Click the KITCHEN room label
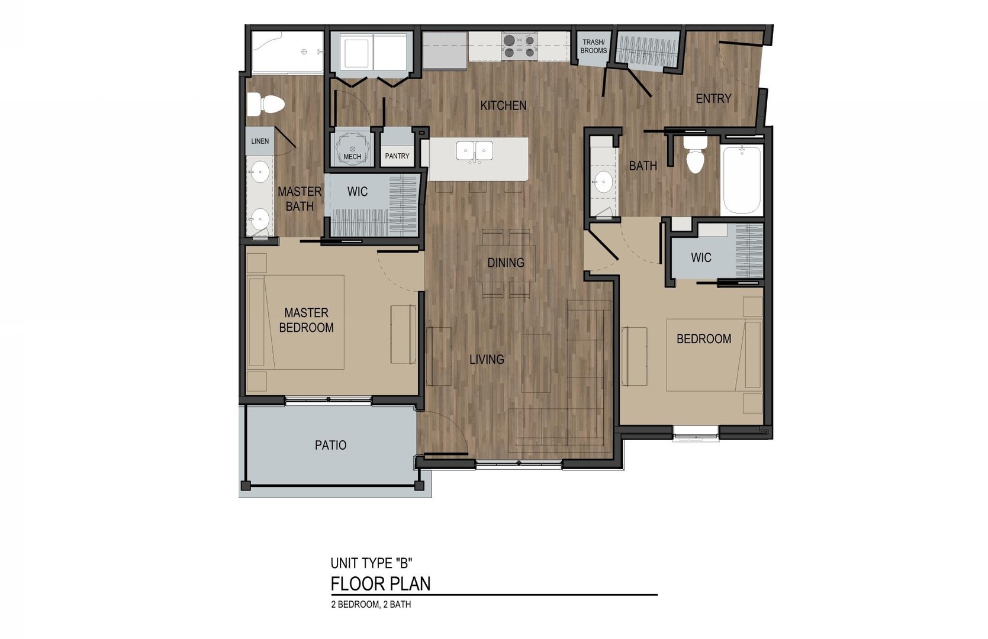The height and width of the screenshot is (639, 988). click(503, 105)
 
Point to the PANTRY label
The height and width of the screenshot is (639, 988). click(397, 156)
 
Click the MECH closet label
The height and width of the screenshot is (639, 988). click(352, 157)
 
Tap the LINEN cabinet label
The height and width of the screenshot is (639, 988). click(260, 141)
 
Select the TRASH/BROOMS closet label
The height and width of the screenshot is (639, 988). click(593, 46)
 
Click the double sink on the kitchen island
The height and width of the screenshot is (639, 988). click(475, 151)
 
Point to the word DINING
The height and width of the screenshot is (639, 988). click(506, 263)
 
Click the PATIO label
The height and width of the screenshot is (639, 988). click(330, 445)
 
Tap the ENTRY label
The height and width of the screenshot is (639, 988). click(713, 99)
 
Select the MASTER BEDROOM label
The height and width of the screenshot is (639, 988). click(306, 320)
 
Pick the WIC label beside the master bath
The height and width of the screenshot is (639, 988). click(357, 192)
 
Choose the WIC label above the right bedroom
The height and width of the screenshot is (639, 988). click(701, 257)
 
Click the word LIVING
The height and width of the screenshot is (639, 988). click(487, 359)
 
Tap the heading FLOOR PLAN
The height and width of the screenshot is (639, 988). click(381, 584)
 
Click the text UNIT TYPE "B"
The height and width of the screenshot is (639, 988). click(371, 563)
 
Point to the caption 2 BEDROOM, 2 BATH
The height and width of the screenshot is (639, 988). click(371, 605)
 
